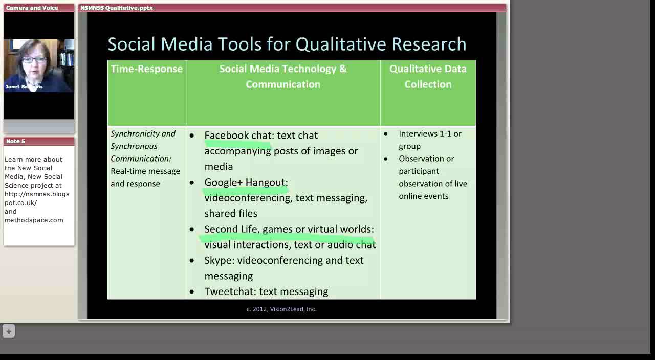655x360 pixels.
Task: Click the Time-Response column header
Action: [146, 69]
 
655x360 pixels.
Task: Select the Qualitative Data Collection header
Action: [428, 77]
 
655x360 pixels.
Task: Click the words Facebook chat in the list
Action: [238, 136]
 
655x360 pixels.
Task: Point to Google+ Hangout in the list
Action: [245, 183]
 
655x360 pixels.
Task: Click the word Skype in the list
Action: [219, 261]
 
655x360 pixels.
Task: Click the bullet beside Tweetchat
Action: [192, 292]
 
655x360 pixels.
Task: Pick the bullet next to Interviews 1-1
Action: [386, 134]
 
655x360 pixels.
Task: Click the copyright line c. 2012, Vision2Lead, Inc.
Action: [281, 309]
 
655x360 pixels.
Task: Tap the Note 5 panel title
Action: [16, 141]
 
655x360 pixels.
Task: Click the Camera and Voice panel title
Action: [32, 8]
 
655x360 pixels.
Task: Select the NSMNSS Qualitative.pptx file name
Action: [117, 8]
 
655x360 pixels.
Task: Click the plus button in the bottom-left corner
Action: [8, 331]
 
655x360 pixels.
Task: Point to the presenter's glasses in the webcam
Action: [34, 60]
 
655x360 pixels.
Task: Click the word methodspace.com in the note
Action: [34, 220]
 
